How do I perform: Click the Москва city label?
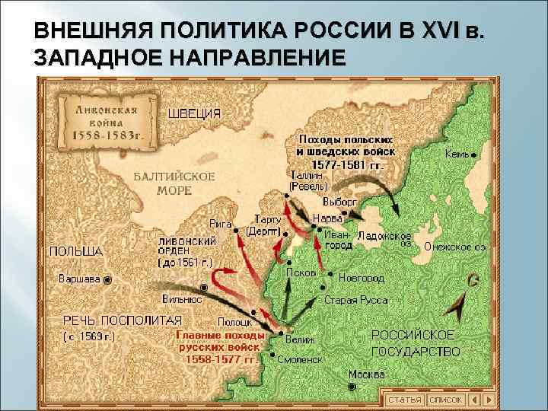coord(366,374)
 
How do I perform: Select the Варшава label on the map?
coord(79,279)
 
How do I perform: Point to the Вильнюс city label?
coord(182,299)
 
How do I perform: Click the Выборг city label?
coord(340,202)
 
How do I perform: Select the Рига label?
coord(221,224)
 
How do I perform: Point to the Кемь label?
coord(456,154)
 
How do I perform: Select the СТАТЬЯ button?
coord(404,399)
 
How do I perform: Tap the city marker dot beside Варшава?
coord(107,279)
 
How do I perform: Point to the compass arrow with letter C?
coord(464,301)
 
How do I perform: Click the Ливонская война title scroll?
coord(106,120)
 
